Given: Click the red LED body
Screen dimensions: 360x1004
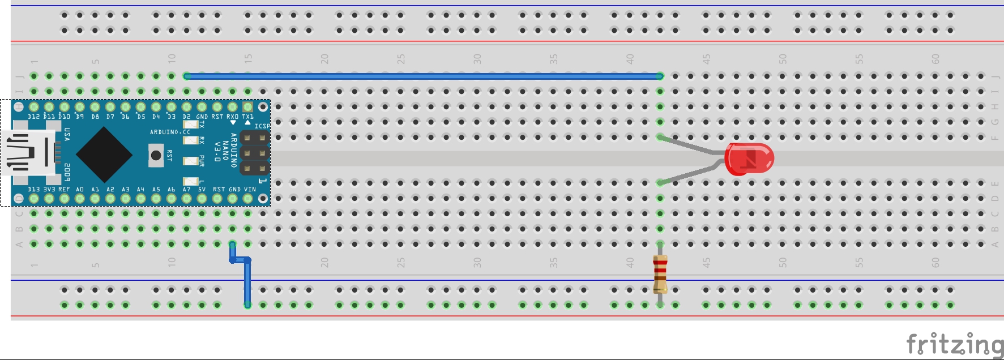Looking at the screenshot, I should [x=749, y=158].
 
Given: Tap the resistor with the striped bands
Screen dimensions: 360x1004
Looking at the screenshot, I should [x=660, y=274].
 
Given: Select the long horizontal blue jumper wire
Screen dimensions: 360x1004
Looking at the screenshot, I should [x=422, y=76].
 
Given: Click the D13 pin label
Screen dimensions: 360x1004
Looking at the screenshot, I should [x=34, y=190].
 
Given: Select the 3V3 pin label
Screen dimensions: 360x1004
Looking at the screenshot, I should [x=49, y=190].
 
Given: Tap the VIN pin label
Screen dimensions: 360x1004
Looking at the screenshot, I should [x=250, y=190].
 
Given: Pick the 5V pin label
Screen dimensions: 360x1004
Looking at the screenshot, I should [x=202, y=190].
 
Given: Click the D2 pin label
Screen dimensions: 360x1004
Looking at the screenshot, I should [x=187, y=117].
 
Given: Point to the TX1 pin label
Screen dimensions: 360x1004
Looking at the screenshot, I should [x=248, y=117].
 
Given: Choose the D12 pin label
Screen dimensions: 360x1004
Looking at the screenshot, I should [x=34, y=117].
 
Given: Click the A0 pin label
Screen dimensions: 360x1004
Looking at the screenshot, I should [x=80, y=190].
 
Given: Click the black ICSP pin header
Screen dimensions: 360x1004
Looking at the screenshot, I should [x=254, y=153].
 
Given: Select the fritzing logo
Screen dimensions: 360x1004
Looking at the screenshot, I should [x=954, y=344].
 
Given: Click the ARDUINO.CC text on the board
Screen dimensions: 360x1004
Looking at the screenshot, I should [x=170, y=132].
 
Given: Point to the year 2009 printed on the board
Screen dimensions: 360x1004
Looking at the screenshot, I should [x=67, y=172].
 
